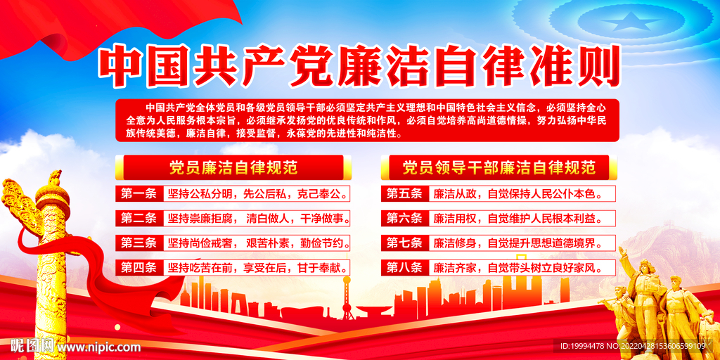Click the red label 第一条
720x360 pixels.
139,193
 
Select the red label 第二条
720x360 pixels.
139,218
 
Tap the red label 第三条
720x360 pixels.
139,243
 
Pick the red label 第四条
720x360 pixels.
139,267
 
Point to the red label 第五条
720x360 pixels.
405,193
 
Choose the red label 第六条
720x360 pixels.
405,218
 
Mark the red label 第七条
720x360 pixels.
405,243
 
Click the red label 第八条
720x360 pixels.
405,267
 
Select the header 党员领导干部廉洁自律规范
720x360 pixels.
499,167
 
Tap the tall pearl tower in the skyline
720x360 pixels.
347,292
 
